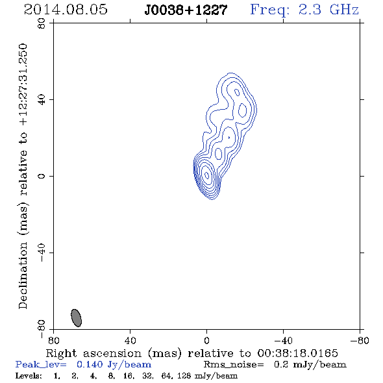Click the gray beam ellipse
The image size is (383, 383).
[76, 318]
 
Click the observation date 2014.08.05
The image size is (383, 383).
[66, 10]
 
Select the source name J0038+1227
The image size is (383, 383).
[186, 10]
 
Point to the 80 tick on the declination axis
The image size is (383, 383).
[42, 23]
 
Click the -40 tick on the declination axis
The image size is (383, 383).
[42, 253]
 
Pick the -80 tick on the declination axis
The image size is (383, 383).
[42, 329]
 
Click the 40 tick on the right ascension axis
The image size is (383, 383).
[130, 340]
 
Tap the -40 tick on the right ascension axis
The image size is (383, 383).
[283, 340]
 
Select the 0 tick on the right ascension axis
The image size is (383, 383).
[206, 340]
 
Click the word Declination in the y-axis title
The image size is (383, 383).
[23, 276]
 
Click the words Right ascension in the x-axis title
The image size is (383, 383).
[93, 353]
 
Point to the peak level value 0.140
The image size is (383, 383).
[90, 364]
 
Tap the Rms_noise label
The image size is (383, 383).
[234, 365]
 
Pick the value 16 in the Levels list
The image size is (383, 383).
[127, 375]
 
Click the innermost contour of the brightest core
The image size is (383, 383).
[206, 175]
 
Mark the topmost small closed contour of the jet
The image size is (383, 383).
[237, 92]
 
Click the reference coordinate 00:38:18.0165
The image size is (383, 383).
[297, 353]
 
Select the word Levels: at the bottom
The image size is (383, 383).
[29, 375]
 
